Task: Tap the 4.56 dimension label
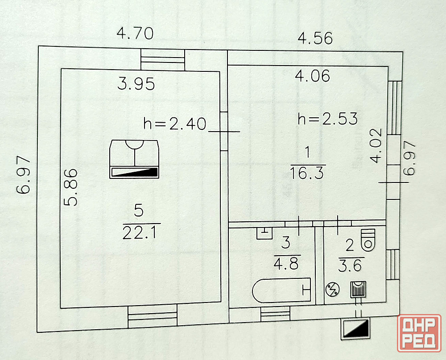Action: (x=315, y=38)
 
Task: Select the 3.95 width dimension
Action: (x=136, y=83)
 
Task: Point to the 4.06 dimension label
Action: (x=313, y=76)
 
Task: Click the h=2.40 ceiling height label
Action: (x=175, y=124)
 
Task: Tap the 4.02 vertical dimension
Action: (x=376, y=145)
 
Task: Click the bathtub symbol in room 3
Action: (x=281, y=290)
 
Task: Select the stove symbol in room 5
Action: (x=134, y=159)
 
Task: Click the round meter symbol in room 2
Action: (x=332, y=290)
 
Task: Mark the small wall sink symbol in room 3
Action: (x=264, y=232)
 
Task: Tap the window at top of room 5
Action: (x=163, y=60)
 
